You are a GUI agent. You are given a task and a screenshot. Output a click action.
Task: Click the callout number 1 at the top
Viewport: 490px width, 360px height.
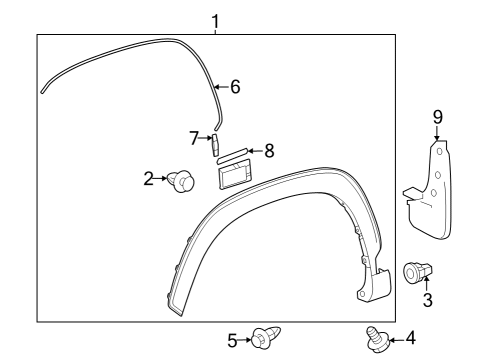(x=215, y=21)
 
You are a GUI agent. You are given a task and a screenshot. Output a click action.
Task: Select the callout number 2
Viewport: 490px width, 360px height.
(x=148, y=179)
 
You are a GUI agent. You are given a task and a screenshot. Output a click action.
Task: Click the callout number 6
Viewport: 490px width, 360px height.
(x=236, y=87)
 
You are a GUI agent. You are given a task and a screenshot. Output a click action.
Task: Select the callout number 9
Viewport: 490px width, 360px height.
(x=437, y=117)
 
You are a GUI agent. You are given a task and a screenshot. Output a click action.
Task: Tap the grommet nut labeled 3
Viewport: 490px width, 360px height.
(x=417, y=271)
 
